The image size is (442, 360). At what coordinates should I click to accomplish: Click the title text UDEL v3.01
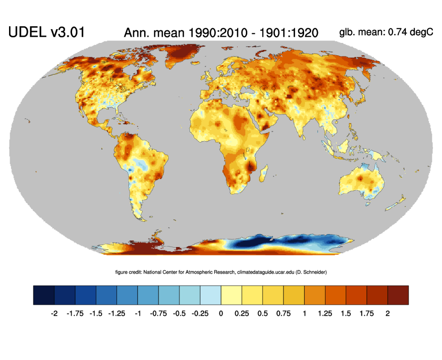[46, 32]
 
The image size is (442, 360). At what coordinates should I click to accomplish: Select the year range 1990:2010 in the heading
[203, 33]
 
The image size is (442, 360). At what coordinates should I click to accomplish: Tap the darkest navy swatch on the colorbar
[44, 295]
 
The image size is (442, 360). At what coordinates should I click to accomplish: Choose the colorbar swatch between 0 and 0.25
[231, 295]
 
